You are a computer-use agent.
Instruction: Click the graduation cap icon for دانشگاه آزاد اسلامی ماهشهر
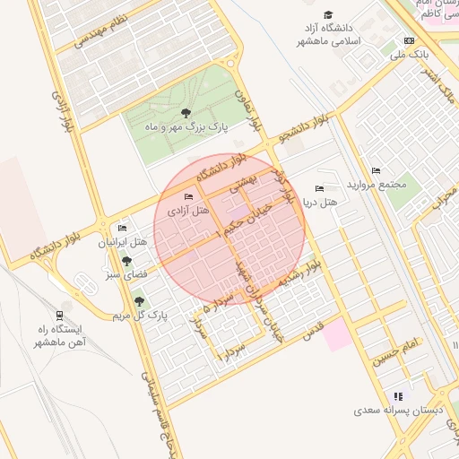(328, 15)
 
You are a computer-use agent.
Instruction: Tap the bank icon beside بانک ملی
(410, 41)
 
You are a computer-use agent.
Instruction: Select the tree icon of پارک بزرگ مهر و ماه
(186, 113)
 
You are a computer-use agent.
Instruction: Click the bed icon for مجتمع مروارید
(376, 170)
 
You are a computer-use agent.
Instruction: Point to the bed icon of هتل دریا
(319, 189)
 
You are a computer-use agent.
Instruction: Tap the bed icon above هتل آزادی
(187, 196)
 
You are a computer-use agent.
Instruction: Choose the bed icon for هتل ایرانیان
(124, 229)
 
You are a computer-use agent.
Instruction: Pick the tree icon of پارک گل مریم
(139, 301)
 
